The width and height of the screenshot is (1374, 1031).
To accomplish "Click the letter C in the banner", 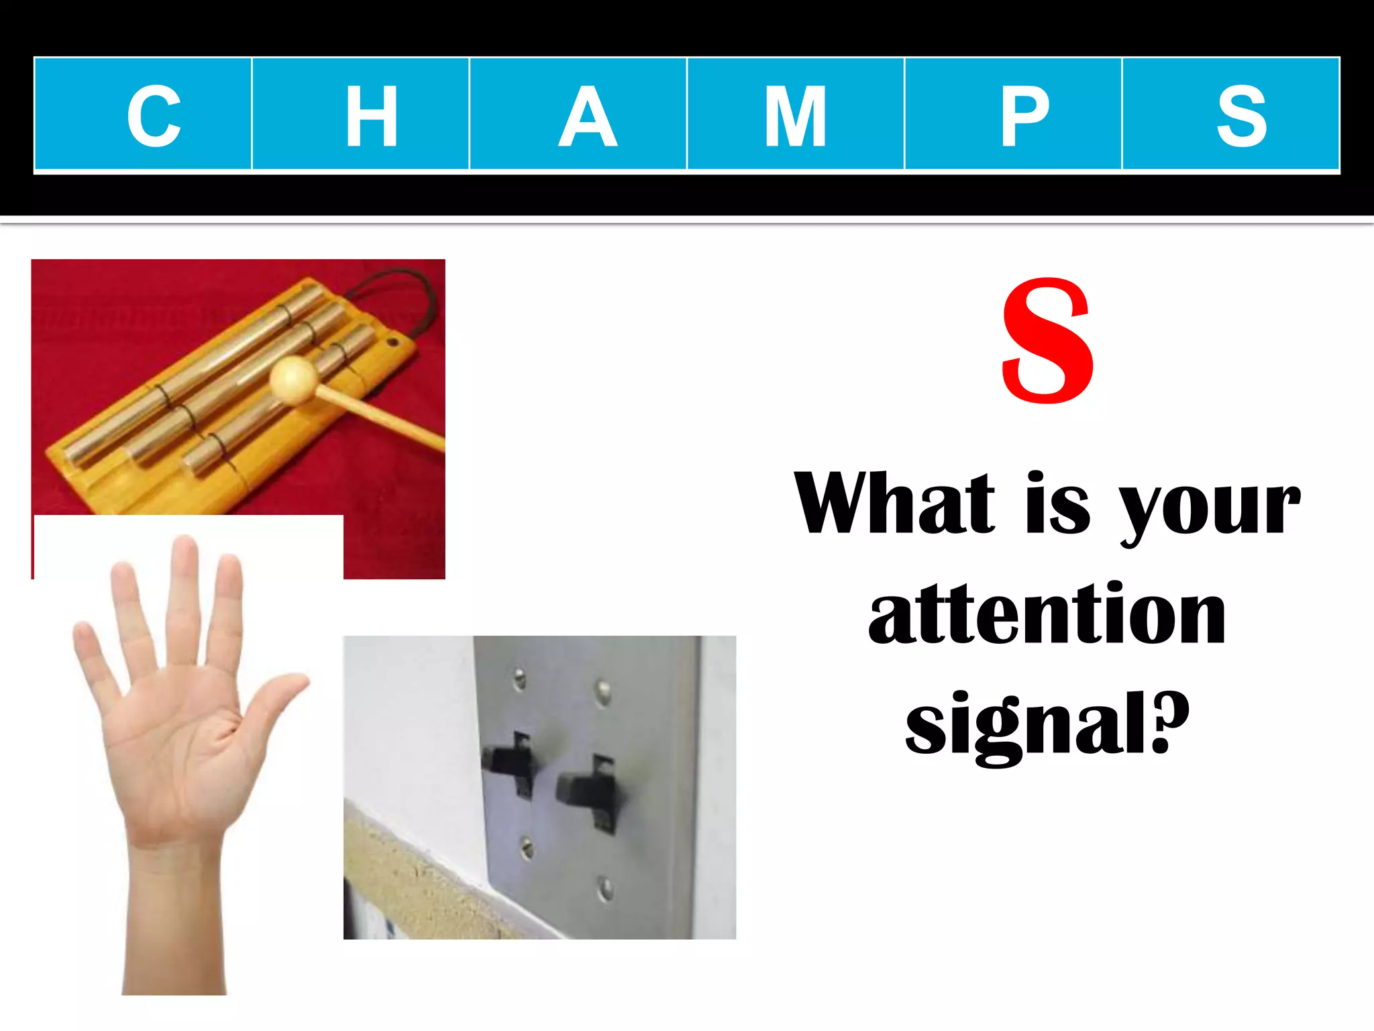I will click(154, 115).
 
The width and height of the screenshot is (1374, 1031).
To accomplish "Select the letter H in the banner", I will click(371, 115).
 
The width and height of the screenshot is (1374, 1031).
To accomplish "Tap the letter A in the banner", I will click(588, 115).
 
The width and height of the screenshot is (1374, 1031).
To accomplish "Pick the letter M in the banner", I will click(795, 115).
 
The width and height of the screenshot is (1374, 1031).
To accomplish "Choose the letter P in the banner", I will click(1024, 115).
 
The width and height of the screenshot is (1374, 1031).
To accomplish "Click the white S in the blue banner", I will click(1242, 115).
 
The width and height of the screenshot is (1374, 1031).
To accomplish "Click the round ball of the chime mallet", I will click(293, 380).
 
